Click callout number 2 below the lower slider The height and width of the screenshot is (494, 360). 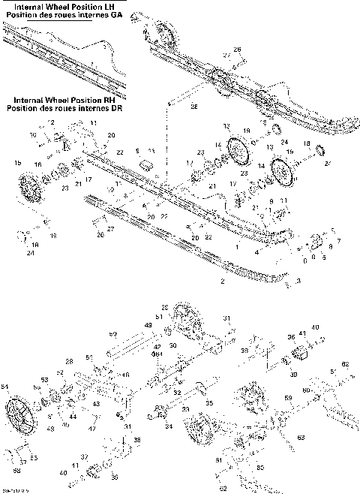click(222, 281)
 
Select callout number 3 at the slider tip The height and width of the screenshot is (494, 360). click(298, 281)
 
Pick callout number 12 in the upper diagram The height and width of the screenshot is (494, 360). click(52, 122)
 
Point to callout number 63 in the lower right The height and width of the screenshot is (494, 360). click(301, 436)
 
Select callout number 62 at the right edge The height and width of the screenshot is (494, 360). click(345, 363)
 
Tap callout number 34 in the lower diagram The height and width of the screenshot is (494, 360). click(168, 426)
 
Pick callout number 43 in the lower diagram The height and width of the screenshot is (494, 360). click(95, 404)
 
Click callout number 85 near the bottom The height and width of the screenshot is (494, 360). click(260, 467)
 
